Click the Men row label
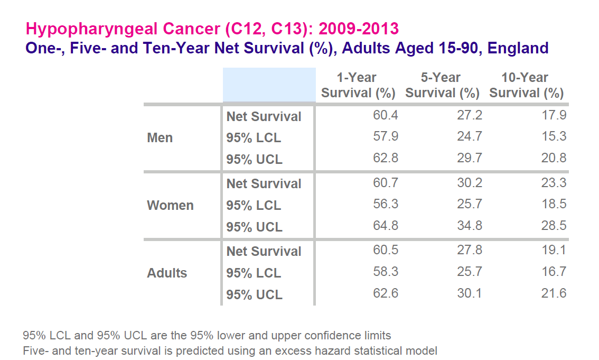(x=160, y=138)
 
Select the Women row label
(x=170, y=205)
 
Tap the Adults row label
(x=167, y=273)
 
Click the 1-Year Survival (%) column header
(x=358, y=86)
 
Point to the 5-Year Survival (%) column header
(x=442, y=86)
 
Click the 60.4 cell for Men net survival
(x=386, y=115)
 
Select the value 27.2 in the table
(x=469, y=115)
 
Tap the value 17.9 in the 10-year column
(x=554, y=115)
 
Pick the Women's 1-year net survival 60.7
(x=386, y=183)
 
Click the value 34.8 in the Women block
(x=469, y=226)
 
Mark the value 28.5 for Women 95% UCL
(x=554, y=226)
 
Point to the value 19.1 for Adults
(x=554, y=250)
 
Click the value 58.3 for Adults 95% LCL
(x=386, y=272)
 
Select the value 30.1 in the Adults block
(x=469, y=293)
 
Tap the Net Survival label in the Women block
(x=264, y=184)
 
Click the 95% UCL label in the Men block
(x=254, y=159)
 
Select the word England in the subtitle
(x=518, y=48)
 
